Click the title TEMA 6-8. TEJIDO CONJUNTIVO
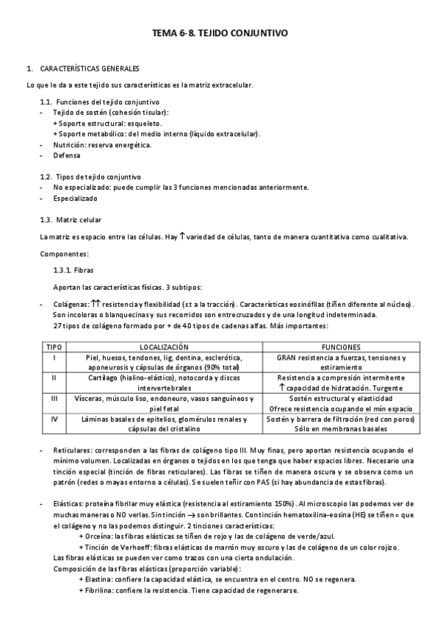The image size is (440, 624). pos(220,33)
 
